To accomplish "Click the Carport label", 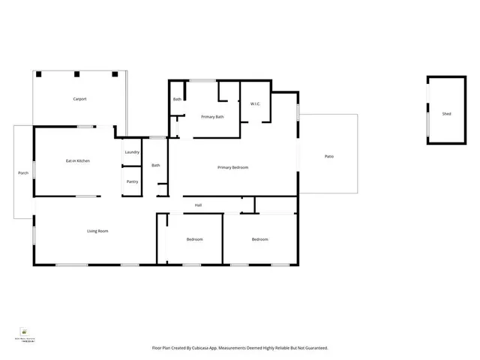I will point(79,99).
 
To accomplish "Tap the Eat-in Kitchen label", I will point(78,160).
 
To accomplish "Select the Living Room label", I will point(97,231).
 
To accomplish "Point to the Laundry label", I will point(132,152).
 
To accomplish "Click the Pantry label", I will point(132,181).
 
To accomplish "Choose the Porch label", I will point(23,173).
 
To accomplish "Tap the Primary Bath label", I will point(212,117).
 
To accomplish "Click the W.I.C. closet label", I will point(255,104).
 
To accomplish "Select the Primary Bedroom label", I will point(232,167).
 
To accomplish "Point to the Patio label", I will point(328,156).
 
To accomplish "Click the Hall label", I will point(198,205).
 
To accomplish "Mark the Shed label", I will point(446,114).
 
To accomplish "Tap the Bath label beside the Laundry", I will point(156,165).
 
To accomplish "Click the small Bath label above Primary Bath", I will point(177,99).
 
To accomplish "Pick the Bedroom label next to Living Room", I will point(194,239).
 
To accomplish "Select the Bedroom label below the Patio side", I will point(259,239).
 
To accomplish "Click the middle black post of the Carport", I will point(76,74).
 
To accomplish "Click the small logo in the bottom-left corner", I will point(24,331).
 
